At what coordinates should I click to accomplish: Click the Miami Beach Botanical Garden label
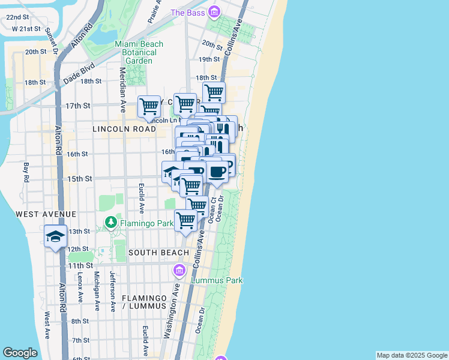[136, 52]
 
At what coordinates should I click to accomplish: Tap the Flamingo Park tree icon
[110, 223]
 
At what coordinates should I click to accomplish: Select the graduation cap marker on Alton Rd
[55, 236]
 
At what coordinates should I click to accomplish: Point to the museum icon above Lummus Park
[179, 271]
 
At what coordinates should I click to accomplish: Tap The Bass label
[188, 13]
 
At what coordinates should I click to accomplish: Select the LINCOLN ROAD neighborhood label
[124, 129]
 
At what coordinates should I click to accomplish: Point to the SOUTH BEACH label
[158, 253]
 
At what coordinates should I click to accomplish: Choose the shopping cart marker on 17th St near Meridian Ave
[149, 107]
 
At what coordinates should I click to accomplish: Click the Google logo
[20, 353]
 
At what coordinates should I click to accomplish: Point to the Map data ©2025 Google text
[412, 355]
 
